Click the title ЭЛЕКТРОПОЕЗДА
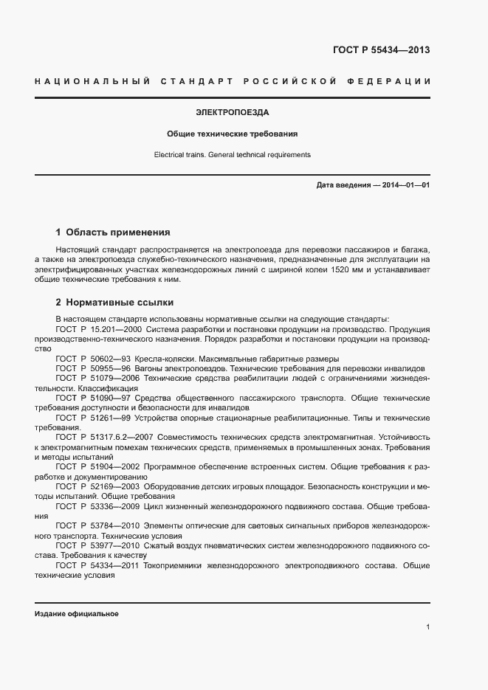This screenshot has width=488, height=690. [x=232, y=113]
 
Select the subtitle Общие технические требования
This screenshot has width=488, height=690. [x=232, y=134]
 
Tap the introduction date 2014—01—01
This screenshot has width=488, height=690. [x=405, y=184]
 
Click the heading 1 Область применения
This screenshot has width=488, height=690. [x=113, y=231]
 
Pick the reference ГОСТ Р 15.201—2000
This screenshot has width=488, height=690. [x=99, y=328]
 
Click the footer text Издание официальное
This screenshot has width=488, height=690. [x=76, y=614]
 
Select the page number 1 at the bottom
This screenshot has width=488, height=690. [x=427, y=627]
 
